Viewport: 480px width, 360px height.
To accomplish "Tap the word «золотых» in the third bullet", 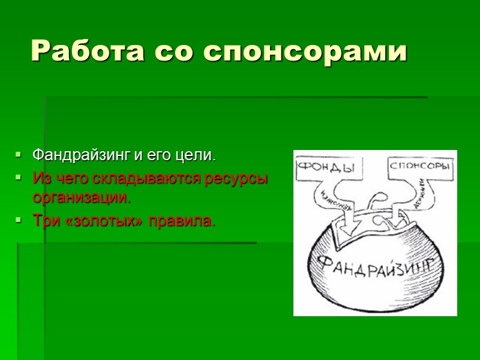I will (95, 221).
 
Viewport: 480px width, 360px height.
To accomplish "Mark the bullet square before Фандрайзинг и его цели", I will (20, 156).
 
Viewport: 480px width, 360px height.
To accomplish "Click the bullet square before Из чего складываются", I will (20, 179).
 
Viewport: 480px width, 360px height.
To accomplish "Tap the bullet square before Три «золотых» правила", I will (20, 221).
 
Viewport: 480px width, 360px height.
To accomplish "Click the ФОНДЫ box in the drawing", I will (327, 167).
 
